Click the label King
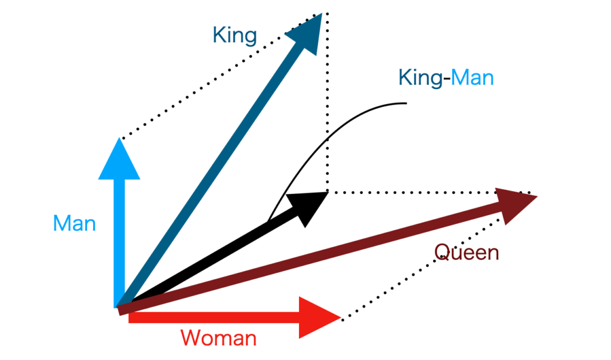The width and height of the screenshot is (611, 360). pyautogui.click(x=234, y=36)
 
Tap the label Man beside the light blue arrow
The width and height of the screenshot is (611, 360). pyautogui.click(x=74, y=224)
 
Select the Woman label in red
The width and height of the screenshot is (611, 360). pyautogui.click(x=218, y=339)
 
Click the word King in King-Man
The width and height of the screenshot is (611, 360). pyautogui.click(x=420, y=78)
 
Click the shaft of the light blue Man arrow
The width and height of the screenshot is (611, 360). pyautogui.click(x=120, y=239)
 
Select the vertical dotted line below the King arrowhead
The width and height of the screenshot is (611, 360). pyautogui.click(x=326, y=107)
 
